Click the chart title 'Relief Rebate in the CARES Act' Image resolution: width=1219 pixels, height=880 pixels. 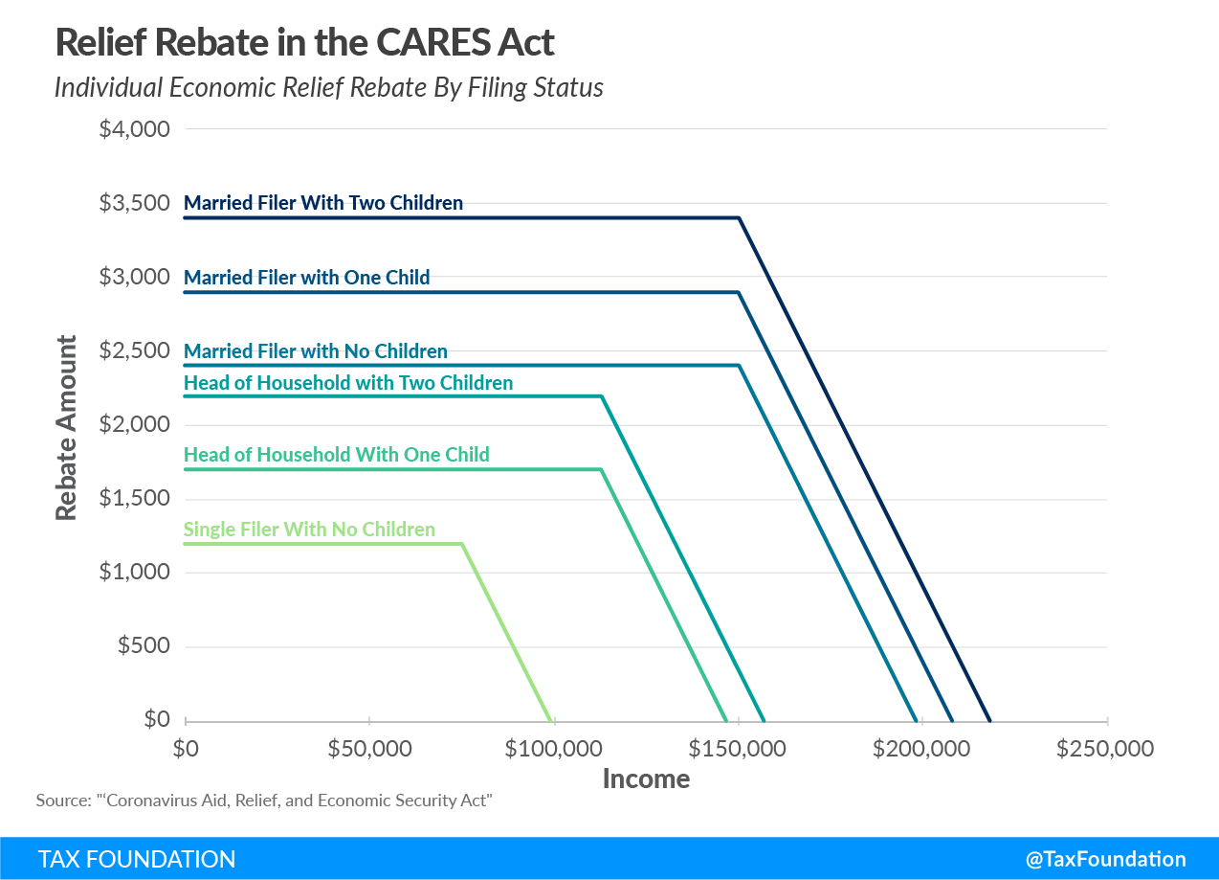point(304,42)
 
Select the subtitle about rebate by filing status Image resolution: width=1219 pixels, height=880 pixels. point(328,87)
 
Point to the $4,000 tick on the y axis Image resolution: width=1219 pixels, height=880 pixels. point(134,128)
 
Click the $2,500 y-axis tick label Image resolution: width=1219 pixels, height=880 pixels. point(134,350)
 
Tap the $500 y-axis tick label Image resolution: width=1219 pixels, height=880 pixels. point(144,646)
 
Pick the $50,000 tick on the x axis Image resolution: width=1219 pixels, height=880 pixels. point(369,749)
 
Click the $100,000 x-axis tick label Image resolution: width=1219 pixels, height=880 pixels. point(554,749)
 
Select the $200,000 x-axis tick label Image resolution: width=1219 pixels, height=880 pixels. point(922,749)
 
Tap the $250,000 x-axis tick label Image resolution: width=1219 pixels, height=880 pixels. point(1105,749)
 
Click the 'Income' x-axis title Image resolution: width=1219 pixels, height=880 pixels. point(646,778)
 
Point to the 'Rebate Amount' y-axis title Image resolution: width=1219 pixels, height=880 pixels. point(65,427)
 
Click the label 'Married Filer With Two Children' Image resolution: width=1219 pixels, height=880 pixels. point(323,203)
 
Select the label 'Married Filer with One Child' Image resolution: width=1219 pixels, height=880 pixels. point(306,278)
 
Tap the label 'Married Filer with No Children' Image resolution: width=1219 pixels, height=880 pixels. point(315,351)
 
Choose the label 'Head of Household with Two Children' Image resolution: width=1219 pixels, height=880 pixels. point(348,383)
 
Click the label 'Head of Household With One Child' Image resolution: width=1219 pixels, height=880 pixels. point(336,455)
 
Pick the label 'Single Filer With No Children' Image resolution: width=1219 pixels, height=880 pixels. point(309,530)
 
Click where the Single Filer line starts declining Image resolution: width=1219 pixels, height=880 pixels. point(462,544)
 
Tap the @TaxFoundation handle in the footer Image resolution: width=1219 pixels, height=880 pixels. point(1105,859)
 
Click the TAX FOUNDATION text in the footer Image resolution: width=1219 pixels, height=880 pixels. point(137,859)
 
